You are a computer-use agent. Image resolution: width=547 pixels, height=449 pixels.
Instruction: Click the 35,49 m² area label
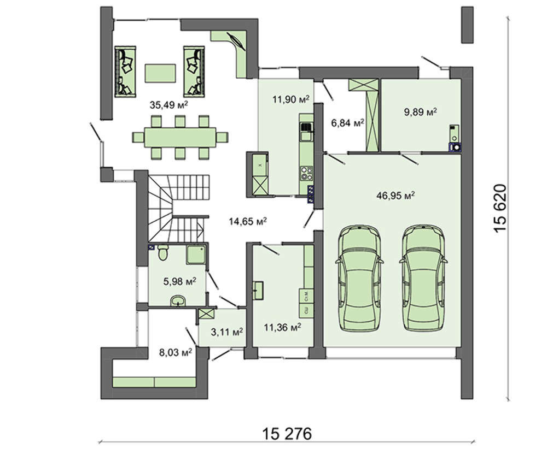pyautogui.click(x=169, y=104)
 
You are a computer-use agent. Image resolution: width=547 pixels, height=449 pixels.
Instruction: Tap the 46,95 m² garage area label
pyautogui.click(x=395, y=195)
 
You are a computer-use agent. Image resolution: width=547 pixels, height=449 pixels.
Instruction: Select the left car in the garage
pyautogui.click(x=359, y=277)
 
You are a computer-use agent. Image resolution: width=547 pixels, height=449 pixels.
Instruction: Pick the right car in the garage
pyautogui.click(x=423, y=277)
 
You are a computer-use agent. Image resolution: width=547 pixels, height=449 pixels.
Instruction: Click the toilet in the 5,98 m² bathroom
pyautogui.click(x=163, y=252)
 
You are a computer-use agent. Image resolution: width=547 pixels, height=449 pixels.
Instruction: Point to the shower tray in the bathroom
pyautogui.click(x=197, y=255)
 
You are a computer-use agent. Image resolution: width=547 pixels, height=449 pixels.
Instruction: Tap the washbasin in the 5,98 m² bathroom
pyautogui.click(x=178, y=301)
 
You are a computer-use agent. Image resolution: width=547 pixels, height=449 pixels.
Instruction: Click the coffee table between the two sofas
pyautogui.click(x=160, y=73)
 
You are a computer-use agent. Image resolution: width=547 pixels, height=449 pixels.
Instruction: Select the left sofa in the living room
pyautogui.click(x=125, y=71)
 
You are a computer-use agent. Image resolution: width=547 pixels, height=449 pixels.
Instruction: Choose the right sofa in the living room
pyautogui.click(x=194, y=71)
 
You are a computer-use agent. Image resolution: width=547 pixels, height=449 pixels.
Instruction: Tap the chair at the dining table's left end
pyautogui.click(x=138, y=137)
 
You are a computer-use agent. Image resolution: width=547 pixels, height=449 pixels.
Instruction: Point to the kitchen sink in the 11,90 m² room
pyautogui.click(x=306, y=127)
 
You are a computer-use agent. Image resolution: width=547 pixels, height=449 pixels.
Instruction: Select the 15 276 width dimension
pyautogui.click(x=287, y=434)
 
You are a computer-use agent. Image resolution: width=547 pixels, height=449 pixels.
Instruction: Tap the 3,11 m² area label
pyautogui.click(x=227, y=332)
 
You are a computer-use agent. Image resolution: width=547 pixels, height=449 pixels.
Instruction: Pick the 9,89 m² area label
pyautogui.click(x=421, y=112)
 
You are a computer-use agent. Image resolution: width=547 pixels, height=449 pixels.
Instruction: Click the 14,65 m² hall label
pyautogui.click(x=248, y=221)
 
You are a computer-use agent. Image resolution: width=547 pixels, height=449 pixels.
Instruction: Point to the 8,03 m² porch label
pyautogui.click(x=176, y=352)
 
